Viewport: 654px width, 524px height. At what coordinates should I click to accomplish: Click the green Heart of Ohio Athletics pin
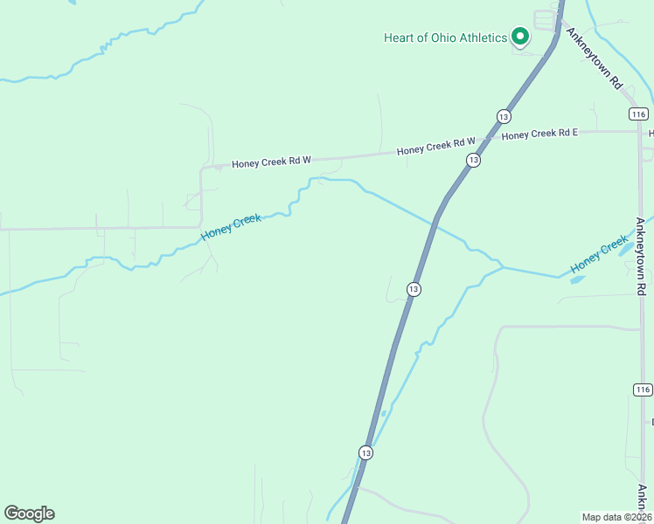[x=519, y=37]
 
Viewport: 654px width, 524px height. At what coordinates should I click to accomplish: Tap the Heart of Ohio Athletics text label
[x=445, y=38]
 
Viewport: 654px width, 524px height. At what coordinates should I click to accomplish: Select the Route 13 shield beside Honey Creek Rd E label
[x=503, y=116]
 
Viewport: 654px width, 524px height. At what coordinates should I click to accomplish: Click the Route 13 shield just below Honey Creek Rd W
[x=473, y=160]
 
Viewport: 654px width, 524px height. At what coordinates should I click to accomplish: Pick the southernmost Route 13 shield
[x=365, y=452]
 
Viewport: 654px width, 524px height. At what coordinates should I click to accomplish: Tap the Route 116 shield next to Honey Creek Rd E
[x=637, y=114]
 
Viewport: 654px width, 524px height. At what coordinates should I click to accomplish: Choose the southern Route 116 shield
[x=643, y=390]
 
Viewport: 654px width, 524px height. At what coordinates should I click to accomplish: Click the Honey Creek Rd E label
[x=539, y=134]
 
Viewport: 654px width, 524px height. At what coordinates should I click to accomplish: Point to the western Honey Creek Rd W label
[x=271, y=162]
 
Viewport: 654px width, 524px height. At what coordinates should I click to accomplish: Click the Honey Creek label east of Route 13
[x=599, y=254]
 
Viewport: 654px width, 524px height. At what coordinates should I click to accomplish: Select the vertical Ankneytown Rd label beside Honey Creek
[x=641, y=254]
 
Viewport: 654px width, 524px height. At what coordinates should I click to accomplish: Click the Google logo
[x=29, y=514]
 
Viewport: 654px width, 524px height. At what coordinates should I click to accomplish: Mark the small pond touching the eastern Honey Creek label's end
[x=628, y=247]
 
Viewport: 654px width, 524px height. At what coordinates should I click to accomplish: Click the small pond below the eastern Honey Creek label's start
[x=577, y=280]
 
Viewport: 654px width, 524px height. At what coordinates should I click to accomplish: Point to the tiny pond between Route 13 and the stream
[x=384, y=413]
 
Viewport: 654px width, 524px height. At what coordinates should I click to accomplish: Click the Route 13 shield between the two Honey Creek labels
[x=414, y=289]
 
